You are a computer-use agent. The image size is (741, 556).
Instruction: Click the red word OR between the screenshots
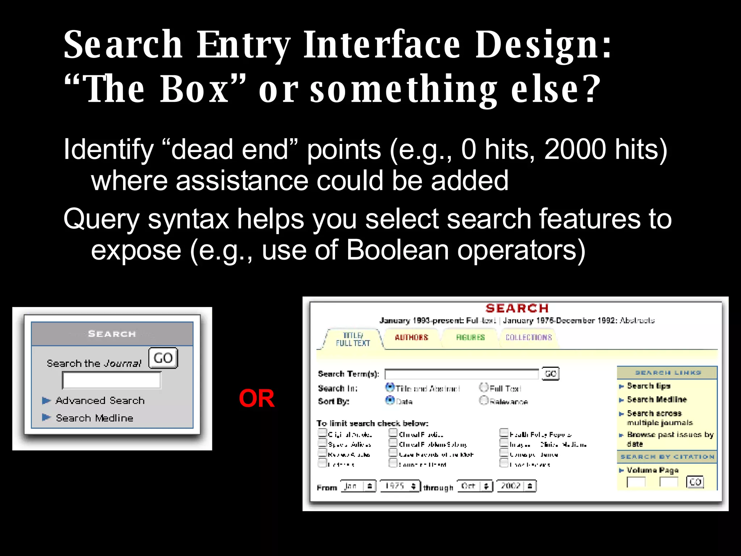(257, 399)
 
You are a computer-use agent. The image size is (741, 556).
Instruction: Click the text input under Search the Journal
(111, 380)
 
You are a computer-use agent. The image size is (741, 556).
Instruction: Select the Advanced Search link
(100, 400)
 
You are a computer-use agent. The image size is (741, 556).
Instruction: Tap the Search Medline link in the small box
(94, 418)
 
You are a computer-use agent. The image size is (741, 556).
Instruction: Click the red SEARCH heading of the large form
(517, 308)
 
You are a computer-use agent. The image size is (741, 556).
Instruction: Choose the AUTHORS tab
(411, 337)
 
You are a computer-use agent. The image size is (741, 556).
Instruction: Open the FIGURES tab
(470, 337)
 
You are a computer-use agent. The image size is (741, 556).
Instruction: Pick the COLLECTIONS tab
(528, 337)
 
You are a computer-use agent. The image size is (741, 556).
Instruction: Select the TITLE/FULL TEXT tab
(353, 339)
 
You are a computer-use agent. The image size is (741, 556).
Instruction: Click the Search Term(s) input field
(461, 374)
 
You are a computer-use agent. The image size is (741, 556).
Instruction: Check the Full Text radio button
(484, 387)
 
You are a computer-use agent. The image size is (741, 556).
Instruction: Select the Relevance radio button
(484, 400)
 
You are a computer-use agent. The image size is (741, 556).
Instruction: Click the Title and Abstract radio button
(390, 387)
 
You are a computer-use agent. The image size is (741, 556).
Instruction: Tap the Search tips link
(648, 386)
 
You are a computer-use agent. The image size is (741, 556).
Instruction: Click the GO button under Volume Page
(695, 482)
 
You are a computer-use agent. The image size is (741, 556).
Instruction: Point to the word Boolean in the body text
(397, 250)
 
